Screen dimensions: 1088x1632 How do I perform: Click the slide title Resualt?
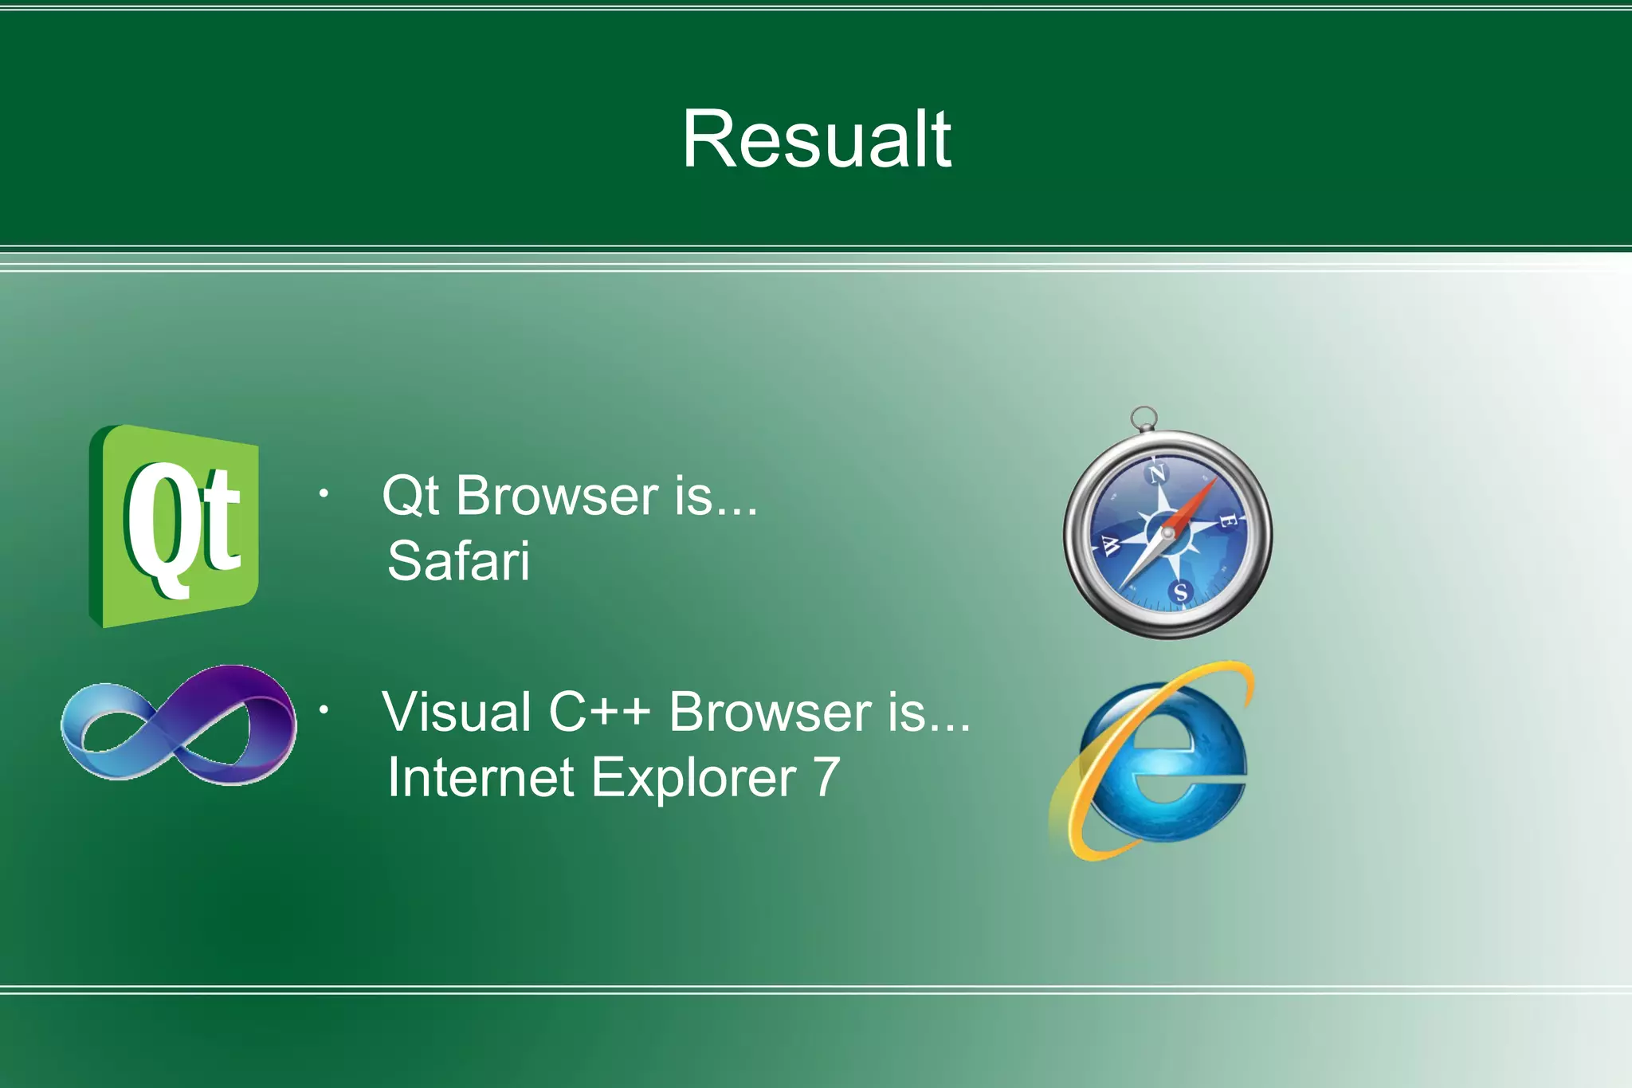[x=816, y=139]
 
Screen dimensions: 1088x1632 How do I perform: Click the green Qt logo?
[x=174, y=526]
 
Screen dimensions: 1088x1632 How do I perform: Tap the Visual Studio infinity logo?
[x=178, y=725]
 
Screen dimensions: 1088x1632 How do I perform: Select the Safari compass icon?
[x=1167, y=532]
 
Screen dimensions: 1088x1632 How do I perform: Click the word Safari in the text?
[x=458, y=561]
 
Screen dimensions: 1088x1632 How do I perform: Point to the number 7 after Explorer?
[x=826, y=777]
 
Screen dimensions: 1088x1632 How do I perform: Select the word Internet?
[x=481, y=777]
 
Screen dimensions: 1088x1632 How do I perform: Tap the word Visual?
[x=457, y=712]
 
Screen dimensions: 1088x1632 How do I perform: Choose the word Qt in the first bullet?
[x=410, y=496]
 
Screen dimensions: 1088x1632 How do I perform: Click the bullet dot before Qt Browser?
[x=324, y=494]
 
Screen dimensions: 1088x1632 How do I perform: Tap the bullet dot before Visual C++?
[x=324, y=709]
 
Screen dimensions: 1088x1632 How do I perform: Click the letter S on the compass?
[x=1180, y=592]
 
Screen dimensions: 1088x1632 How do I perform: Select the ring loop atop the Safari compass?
[x=1144, y=417]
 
